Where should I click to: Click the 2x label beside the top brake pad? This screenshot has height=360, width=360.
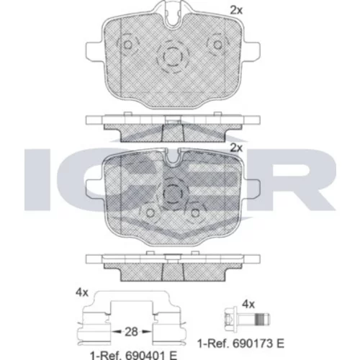pyautogui.click(x=236, y=10)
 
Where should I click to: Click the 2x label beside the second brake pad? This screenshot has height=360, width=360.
pyautogui.click(x=236, y=148)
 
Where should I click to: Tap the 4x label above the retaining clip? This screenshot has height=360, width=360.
pyautogui.click(x=82, y=292)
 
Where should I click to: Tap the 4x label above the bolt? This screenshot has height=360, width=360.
pyautogui.click(x=248, y=305)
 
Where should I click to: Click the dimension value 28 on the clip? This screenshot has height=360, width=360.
pyautogui.click(x=131, y=332)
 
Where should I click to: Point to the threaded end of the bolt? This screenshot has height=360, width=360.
pyautogui.click(x=263, y=320)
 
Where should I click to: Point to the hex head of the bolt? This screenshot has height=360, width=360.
pyautogui.click(x=230, y=320)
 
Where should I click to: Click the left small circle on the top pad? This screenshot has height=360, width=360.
pyautogui.click(x=127, y=45)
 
